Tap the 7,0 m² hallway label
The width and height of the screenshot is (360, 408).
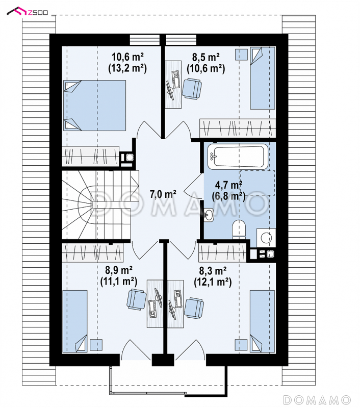(163, 194)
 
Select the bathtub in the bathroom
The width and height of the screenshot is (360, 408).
(238, 156)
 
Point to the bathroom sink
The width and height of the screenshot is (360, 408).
(209, 215)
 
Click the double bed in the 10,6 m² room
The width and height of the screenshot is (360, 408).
(95, 106)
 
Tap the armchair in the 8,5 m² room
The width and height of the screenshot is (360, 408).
(192, 89)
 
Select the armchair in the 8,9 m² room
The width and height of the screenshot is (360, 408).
(137, 299)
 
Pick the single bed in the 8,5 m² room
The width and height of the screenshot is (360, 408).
(263, 78)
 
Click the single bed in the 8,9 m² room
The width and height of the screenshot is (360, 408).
(75, 321)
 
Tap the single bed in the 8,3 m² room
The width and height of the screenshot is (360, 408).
(263, 321)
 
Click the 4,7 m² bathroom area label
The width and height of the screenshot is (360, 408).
(228, 185)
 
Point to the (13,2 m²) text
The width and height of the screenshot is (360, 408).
(127, 68)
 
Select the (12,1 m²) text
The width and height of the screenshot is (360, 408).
(213, 282)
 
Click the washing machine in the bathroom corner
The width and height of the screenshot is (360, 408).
(266, 238)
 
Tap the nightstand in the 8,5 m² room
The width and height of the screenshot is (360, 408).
(241, 55)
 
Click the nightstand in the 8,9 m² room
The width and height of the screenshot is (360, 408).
(96, 345)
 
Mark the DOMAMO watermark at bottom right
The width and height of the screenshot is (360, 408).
(317, 399)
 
